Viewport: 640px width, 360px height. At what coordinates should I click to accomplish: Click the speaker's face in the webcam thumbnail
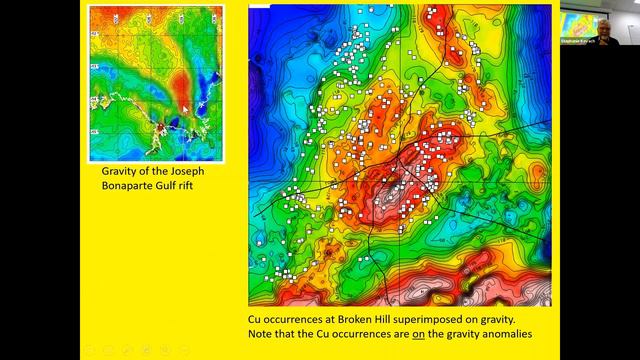[603, 27]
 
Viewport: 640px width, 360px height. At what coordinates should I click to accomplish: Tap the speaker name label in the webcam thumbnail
[577, 43]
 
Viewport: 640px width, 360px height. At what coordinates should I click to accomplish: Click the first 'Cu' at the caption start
[255, 318]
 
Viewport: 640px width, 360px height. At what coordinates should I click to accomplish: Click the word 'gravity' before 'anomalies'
[465, 332]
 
